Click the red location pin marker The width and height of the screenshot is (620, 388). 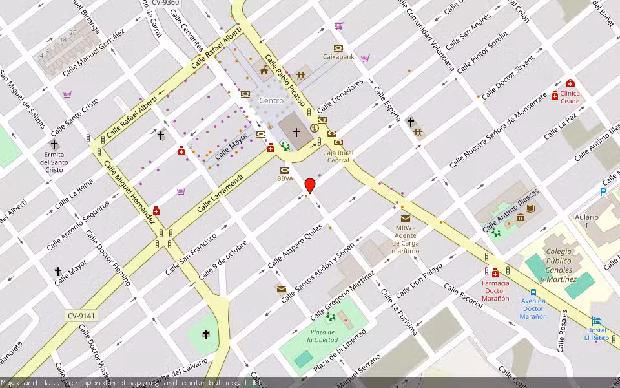pos(310,185)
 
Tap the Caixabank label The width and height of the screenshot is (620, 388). pos(338,57)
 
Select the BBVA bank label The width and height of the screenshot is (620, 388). pos(285,178)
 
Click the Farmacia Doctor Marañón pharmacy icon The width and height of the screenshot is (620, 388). pos(495,273)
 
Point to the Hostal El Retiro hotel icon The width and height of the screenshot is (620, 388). pos(596,321)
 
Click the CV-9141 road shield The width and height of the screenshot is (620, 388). pos(81,316)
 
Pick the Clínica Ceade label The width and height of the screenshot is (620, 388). pos(570,97)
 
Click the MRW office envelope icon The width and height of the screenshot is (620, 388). pos(405,219)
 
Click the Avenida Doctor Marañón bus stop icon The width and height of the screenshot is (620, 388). pos(533,292)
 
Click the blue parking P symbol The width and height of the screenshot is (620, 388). pos(603,191)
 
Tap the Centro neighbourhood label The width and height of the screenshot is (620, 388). pos(271,101)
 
